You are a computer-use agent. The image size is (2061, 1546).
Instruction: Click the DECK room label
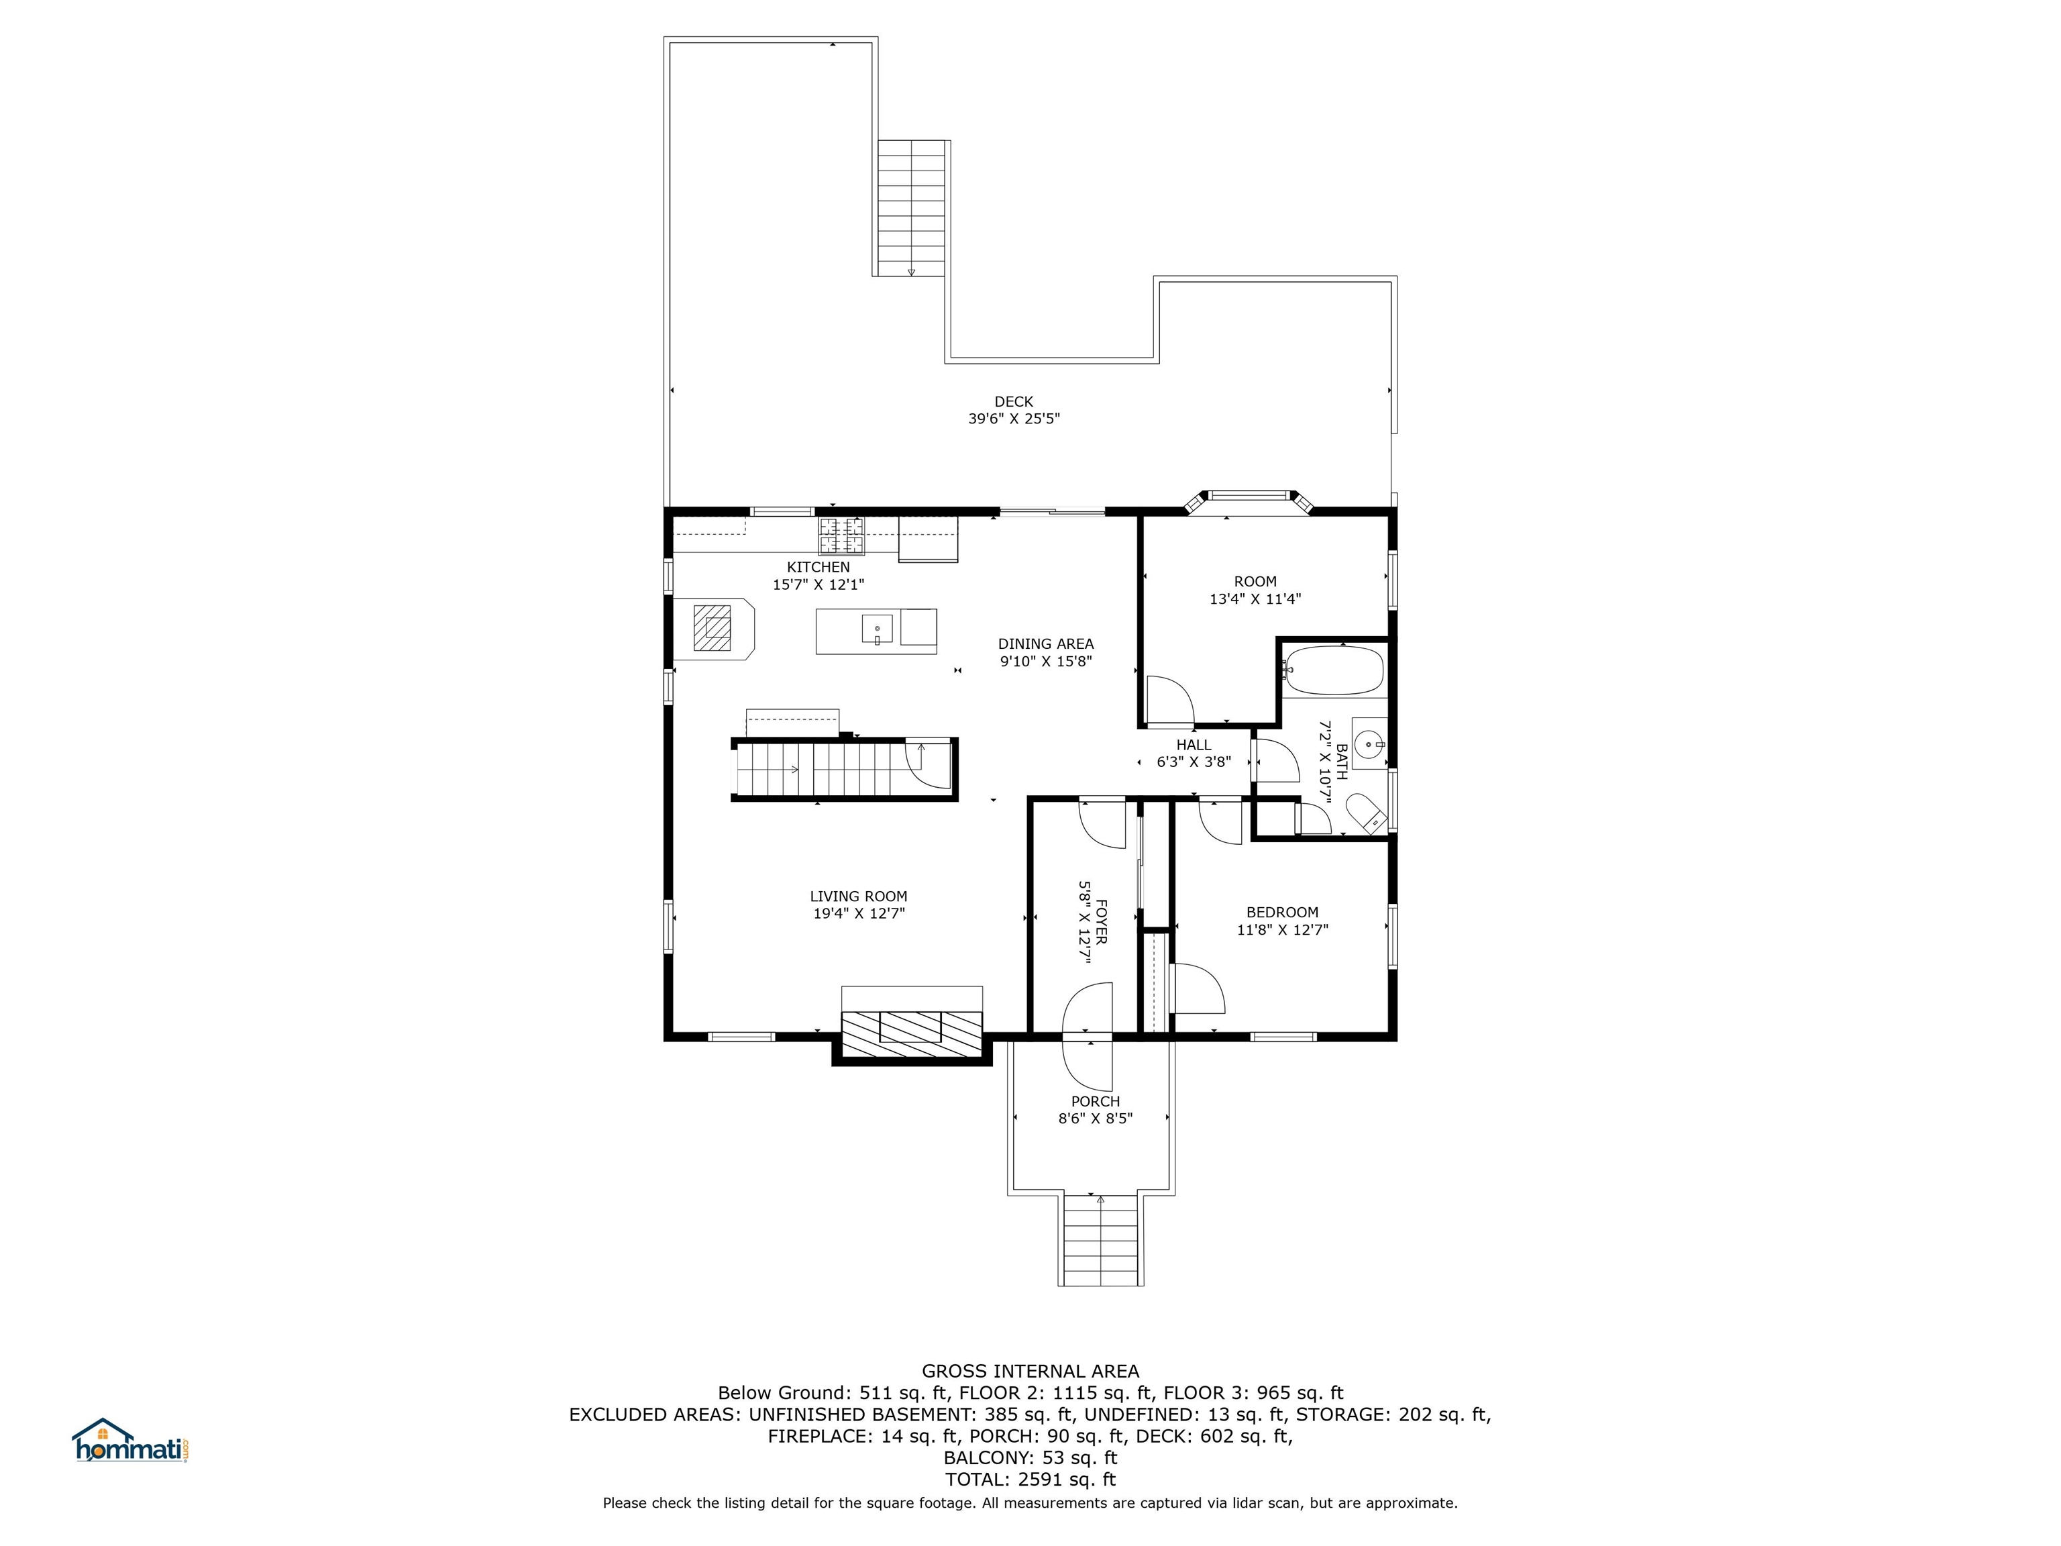point(1014,402)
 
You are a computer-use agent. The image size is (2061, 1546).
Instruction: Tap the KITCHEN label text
point(818,566)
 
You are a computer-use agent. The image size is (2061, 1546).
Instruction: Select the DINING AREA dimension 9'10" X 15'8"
point(1045,662)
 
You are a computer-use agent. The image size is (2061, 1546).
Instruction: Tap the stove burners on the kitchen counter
point(841,537)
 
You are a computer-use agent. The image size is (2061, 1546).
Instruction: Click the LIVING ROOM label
point(858,896)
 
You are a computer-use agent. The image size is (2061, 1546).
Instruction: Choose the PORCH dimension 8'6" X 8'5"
point(1095,1119)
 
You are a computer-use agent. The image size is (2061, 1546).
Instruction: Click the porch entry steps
point(1100,1240)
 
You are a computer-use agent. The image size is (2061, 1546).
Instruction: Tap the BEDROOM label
point(1282,913)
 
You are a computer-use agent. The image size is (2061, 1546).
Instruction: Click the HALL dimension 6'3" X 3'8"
point(1194,762)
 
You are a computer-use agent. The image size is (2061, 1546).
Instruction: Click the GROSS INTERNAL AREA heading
point(1030,1371)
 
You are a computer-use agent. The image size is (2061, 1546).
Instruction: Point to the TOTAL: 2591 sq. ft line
point(1030,1479)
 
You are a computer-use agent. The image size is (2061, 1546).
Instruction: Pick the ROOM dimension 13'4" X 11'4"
point(1255,599)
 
